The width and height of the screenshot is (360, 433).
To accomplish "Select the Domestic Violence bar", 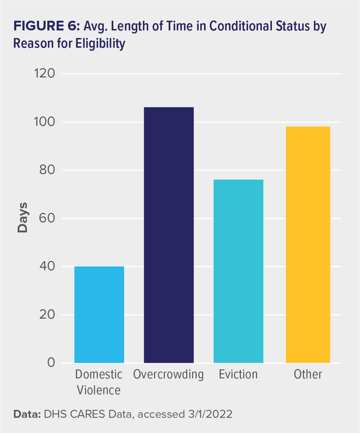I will [99, 314].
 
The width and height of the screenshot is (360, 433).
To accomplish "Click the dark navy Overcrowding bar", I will [169, 235].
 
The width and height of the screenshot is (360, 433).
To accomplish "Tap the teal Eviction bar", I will [238, 271].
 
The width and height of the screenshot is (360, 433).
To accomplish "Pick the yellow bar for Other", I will [308, 245].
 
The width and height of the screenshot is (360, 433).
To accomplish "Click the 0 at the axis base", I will [51, 363].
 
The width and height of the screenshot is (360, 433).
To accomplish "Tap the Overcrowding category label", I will [169, 375].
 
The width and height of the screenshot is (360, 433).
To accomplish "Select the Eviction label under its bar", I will [238, 375].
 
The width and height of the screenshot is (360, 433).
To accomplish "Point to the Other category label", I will [308, 375].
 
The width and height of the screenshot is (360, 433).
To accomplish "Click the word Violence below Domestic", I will [99, 390].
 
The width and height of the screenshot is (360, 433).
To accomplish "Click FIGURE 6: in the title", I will [46, 27].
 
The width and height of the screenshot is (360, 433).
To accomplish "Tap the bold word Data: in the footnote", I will [27, 414].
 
